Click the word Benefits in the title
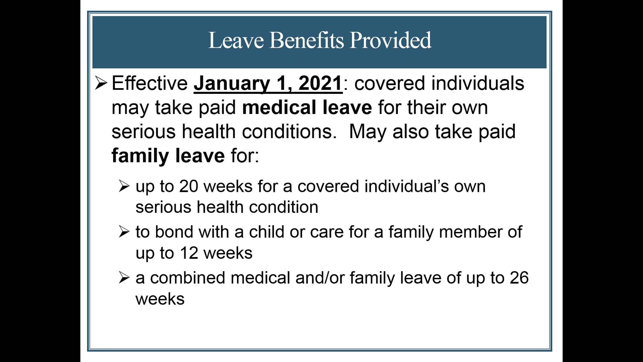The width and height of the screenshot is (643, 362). pos(306,40)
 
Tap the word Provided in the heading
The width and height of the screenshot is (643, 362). pos(391,40)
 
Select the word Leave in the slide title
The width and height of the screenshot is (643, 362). pos(236,40)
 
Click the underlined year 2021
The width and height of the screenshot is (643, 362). pos(320,83)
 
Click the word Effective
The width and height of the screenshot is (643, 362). pos(149,83)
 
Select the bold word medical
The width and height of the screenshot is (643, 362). pos(279,107)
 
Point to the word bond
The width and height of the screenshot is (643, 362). pos(174,232)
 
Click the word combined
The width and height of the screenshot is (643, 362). pos(187,278)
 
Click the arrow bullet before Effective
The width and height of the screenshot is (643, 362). pos(101,83)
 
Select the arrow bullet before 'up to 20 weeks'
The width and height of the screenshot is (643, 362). pos(124,186)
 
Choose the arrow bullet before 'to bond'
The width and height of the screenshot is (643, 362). pos(124,232)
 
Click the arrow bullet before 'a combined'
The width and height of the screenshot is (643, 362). pos(124,278)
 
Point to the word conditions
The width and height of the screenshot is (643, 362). pos(289,131)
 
